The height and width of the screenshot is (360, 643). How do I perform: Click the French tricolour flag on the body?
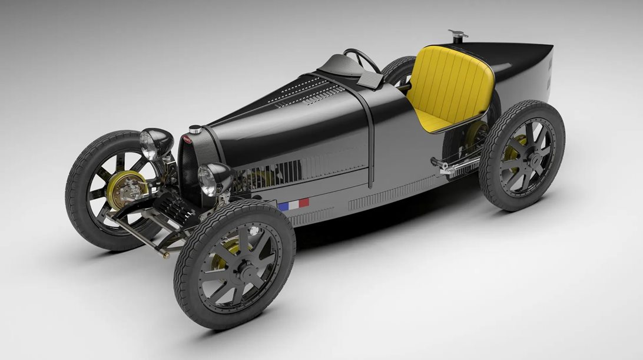tap(293, 204)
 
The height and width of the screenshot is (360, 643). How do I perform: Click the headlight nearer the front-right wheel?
tap(210, 180)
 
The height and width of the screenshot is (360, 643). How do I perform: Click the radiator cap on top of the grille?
tap(194, 129)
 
